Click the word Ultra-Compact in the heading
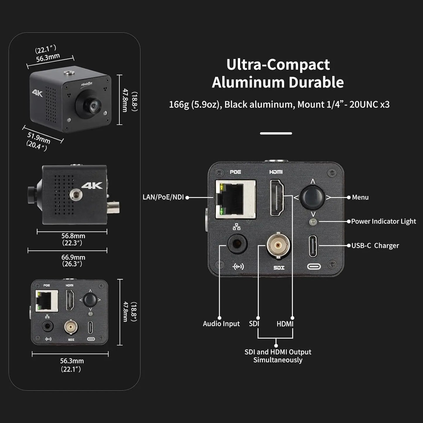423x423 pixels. pyautogui.click(x=278, y=65)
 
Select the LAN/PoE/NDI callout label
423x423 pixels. pyautogui.click(x=163, y=197)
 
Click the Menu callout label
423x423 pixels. pyautogui.click(x=360, y=197)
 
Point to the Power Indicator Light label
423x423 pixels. pyautogui.click(x=383, y=221)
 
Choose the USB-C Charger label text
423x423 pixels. pyautogui.click(x=375, y=246)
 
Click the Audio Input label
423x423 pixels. pyautogui.click(x=221, y=324)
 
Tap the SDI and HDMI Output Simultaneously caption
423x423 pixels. pyautogui.click(x=278, y=356)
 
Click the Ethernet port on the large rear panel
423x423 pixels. pyautogui.click(x=235, y=199)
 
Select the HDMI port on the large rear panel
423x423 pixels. pyautogui.click(x=277, y=197)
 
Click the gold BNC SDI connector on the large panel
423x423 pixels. pyautogui.click(x=278, y=245)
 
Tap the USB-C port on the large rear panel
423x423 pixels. pyautogui.click(x=313, y=246)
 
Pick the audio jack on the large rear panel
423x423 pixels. pyautogui.click(x=237, y=244)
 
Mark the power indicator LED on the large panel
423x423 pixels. pyautogui.click(x=313, y=222)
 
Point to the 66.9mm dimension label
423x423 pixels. pyautogui.click(x=73, y=257)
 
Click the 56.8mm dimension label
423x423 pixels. pyautogui.click(x=73, y=236)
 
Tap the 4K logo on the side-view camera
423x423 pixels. pyautogui.click(x=92, y=186)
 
